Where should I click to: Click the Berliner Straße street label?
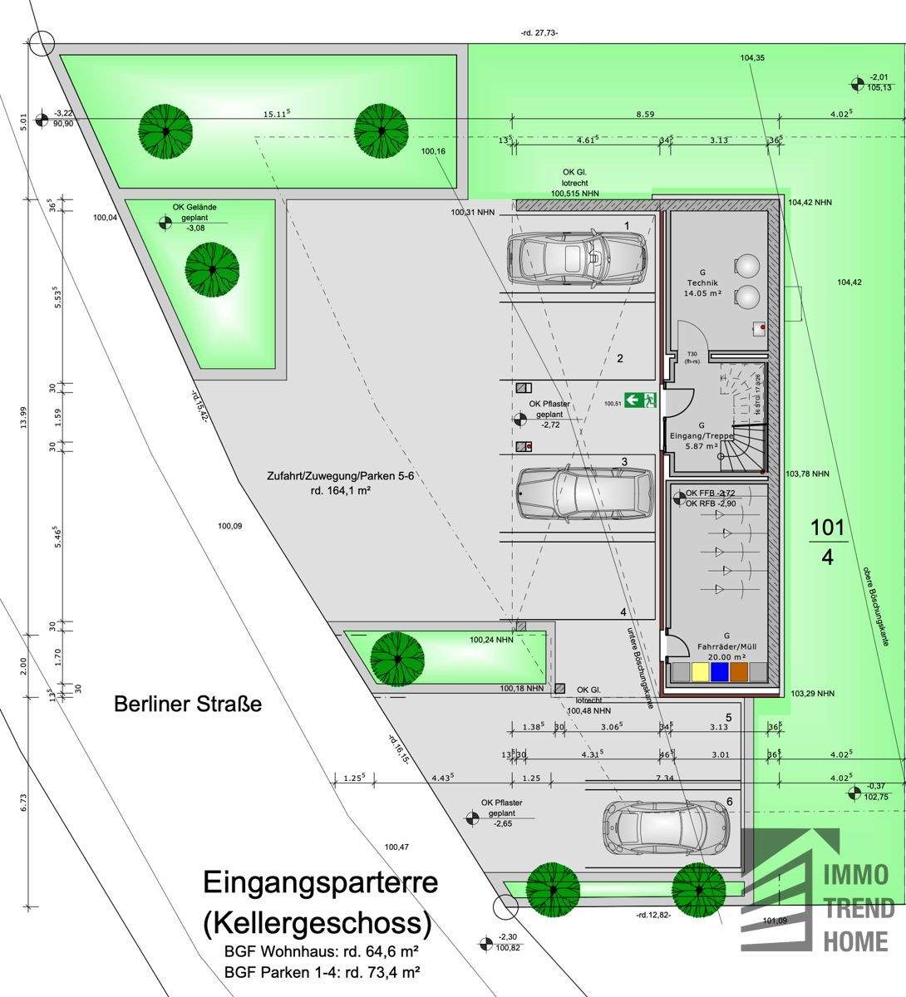pyautogui.click(x=187, y=705)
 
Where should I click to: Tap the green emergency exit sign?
pyautogui.click(x=642, y=400)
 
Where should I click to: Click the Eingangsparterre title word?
pyautogui.click(x=320, y=882)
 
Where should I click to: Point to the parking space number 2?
pyautogui.click(x=620, y=359)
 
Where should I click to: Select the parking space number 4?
pyautogui.click(x=623, y=612)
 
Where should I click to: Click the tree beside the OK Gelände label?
pyautogui.click(x=212, y=269)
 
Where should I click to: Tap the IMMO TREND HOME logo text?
pyautogui.click(x=858, y=907)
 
